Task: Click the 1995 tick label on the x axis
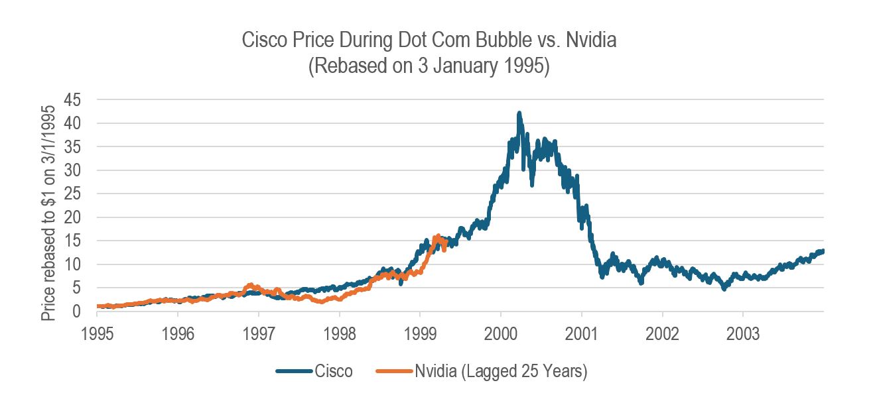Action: pyautogui.click(x=97, y=331)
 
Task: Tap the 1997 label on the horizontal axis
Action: pyautogui.click(x=259, y=331)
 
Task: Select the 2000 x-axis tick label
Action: pyautogui.click(x=501, y=331)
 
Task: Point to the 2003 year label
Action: pyautogui.click(x=743, y=331)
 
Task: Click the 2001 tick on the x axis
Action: pyautogui.click(x=582, y=331)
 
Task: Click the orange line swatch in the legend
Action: pyautogui.click(x=393, y=372)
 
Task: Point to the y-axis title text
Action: pyautogui.click(x=49, y=205)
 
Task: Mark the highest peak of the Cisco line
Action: pyautogui.click(x=519, y=113)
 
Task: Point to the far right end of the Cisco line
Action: pyautogui.click(x=823, y=251)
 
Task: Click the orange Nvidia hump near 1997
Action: pyautogui.click(x=250, y=286)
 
